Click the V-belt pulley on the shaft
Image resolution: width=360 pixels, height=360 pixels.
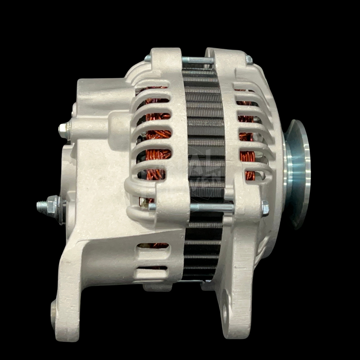[298, 173]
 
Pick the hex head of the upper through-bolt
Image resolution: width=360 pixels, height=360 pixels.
[249, 60]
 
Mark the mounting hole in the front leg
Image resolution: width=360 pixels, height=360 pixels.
[224, 313]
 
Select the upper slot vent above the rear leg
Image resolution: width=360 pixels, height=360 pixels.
[153, 246]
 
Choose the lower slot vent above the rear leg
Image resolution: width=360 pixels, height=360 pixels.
[152, 267]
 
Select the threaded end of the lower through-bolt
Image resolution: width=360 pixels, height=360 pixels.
[152, 207]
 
